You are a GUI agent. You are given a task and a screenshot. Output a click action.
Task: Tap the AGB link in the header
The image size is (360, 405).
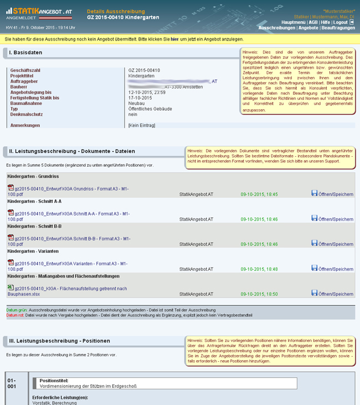313,22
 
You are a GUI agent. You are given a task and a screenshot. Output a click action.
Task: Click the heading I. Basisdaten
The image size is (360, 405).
26,53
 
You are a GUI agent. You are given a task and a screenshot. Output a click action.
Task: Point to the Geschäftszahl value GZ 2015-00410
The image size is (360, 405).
144,70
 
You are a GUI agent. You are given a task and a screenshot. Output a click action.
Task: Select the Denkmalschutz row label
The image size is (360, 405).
26,114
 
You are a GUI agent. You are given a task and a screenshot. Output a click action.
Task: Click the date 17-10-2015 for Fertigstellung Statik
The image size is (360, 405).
140,98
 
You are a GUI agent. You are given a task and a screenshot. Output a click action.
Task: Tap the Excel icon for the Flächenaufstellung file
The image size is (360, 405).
11,288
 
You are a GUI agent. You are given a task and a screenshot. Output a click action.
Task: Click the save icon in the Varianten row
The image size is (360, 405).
314,268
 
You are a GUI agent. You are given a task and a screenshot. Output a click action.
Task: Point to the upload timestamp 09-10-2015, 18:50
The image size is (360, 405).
259,294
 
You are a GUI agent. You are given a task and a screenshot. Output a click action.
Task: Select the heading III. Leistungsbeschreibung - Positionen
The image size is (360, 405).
59,340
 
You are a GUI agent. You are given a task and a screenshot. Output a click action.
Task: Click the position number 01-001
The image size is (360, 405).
12,384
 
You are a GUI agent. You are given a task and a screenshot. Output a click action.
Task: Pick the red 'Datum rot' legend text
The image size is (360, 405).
16,315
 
